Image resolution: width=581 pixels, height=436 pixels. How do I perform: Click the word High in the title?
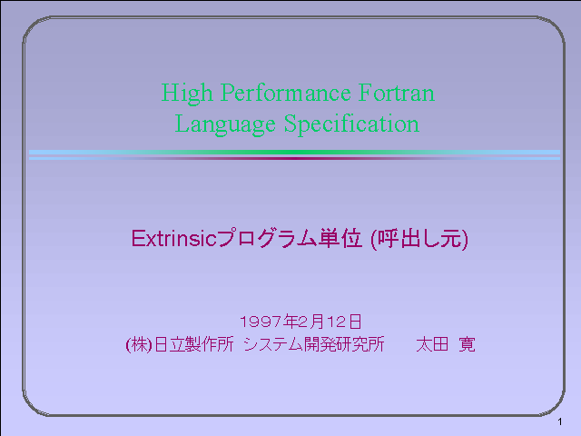pyautogui.click(x=187, y=94)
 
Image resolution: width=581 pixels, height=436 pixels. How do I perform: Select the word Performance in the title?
pyautogui.click(x=286, y=94)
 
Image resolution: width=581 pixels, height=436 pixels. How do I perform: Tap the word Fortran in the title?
pyautogui.click(x=397, y=93)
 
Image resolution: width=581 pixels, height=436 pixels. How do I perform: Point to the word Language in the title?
pyautogui.click(x=225, y=124)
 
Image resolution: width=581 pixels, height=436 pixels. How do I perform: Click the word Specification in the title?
pyautogui.click(x=351, y=124)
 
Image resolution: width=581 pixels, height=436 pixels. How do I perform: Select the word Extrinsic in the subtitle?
pyautogui.click(x=173, y=238)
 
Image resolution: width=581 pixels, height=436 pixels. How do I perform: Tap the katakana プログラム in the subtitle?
pyautogui.click(x=267, y=238)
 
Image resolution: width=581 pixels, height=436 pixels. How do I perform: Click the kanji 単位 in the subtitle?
pyautogui.click(x=340, y=238)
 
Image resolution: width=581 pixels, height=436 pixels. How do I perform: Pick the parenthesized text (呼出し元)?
pyautogui.click(x=419, y=239)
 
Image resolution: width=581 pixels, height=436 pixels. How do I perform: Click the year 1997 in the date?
pyautogui.click(x=261, y=322)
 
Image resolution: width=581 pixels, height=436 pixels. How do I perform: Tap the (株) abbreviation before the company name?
pyautogui.click(x=139, y=345)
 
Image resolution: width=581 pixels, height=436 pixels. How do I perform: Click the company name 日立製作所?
pyautogui.click(x=193, y=344)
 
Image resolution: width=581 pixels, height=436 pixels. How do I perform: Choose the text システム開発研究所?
pyautogui.click(x=314, y=344)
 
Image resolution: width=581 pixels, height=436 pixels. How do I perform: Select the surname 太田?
pyautogui.click(x=432, y=344)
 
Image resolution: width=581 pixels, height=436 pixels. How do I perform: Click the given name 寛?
pyautogui.click(x=467, y=344)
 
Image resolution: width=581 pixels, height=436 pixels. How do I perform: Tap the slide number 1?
pyautogui.click(x=560, y=421)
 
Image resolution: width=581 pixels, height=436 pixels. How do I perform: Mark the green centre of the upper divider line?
pyautogui.click(x=294, y=152)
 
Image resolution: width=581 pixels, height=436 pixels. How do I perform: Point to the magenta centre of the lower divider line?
pyautogui.click(x=294, y=158)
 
